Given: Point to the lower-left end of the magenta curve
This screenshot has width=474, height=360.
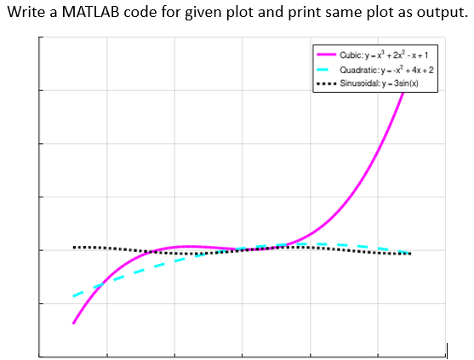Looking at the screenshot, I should [x=74, y=323].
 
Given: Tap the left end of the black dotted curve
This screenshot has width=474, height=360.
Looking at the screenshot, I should [x=75, y=247].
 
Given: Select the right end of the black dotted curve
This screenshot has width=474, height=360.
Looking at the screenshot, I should [x=410, y=254].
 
